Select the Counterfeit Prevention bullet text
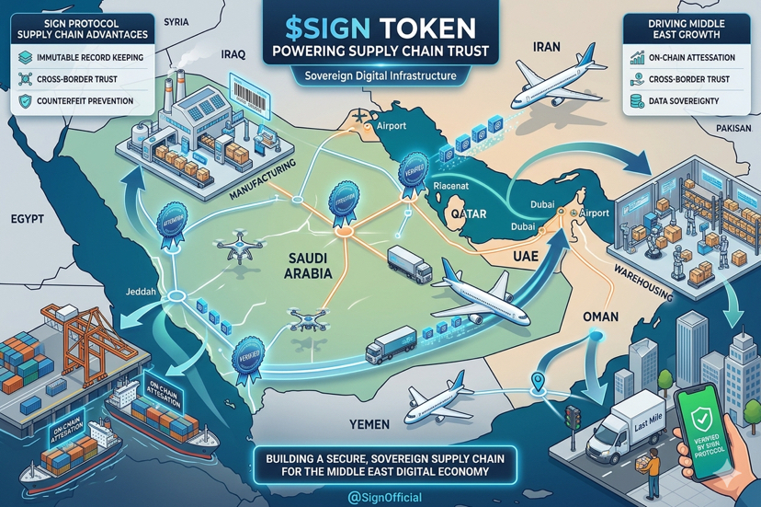coord(85,101)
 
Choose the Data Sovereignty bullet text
coord(683,101)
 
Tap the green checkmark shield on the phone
coord(704,420)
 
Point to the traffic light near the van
coord(571,418)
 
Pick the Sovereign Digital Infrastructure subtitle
coord(380,75)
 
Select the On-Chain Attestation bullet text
coord(691,57)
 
